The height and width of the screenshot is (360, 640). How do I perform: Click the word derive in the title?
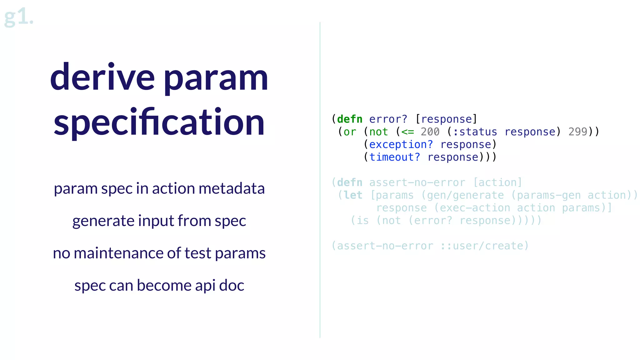[x=102, y=77]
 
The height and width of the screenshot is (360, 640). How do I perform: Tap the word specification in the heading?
[x=159, y=122]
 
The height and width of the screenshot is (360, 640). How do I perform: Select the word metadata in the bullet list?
[x=232, y=188]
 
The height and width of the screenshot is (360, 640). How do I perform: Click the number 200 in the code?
[x=430, y=132]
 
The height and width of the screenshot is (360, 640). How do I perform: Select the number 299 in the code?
[x=577, y=132]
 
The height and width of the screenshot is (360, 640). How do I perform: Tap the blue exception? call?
[x=401, y=145]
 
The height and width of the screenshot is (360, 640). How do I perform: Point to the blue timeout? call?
[x=395, y=157]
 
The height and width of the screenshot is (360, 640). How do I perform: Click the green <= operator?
[x=407, y=132]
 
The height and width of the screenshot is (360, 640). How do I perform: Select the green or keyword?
[x=350, y=132]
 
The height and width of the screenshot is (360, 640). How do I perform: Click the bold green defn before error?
[x=350, y=119]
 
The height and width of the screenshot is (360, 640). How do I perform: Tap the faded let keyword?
[x=353, y=195]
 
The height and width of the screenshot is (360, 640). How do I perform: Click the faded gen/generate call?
[x=465, y=195]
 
